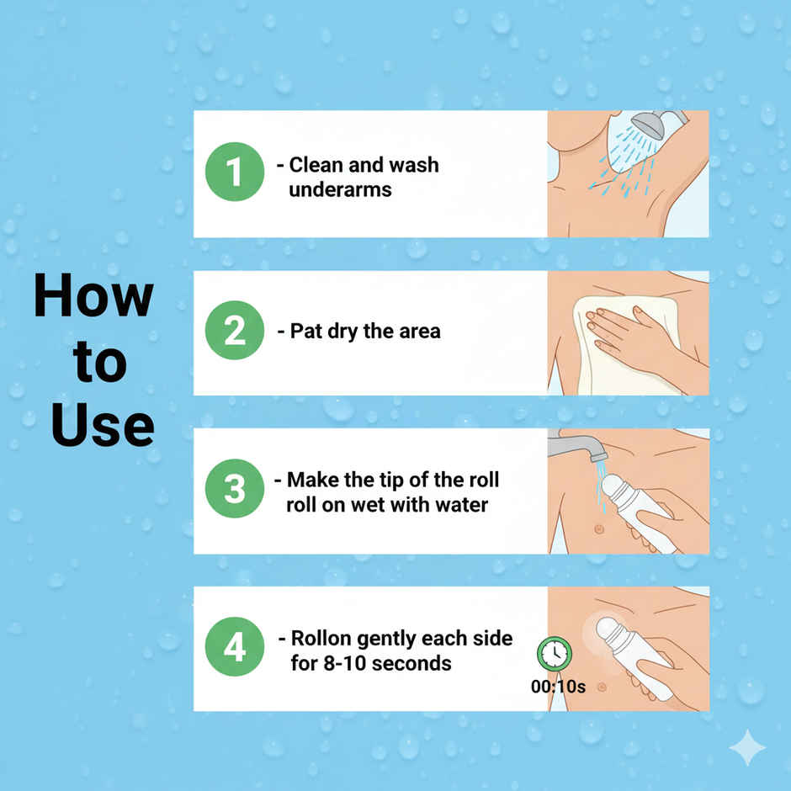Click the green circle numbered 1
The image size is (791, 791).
click(235, 172)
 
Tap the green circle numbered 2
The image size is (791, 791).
click(235, 330)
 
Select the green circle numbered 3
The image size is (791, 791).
click(235, 488)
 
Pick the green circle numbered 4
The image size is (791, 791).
click(235, 647)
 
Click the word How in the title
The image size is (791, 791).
click(93, 295)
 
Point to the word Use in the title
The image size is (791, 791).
click(103, 425)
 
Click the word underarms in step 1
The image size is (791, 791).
click(340, 190)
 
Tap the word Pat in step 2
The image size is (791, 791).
click(305, 332)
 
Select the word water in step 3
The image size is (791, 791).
click(462, 505)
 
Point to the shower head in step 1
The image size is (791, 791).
click(650, 125)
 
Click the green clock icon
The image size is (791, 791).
click(555, 653)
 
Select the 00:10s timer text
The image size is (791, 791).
click(558, 687)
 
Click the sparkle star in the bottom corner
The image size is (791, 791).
click(747, 747)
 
